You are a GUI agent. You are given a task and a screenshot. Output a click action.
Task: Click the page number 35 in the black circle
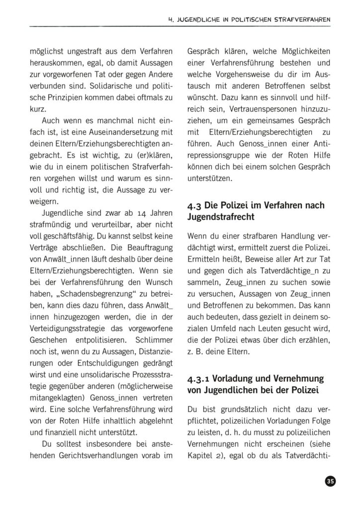(330, 481)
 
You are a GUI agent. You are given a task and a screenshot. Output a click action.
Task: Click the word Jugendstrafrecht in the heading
(218, 217)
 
